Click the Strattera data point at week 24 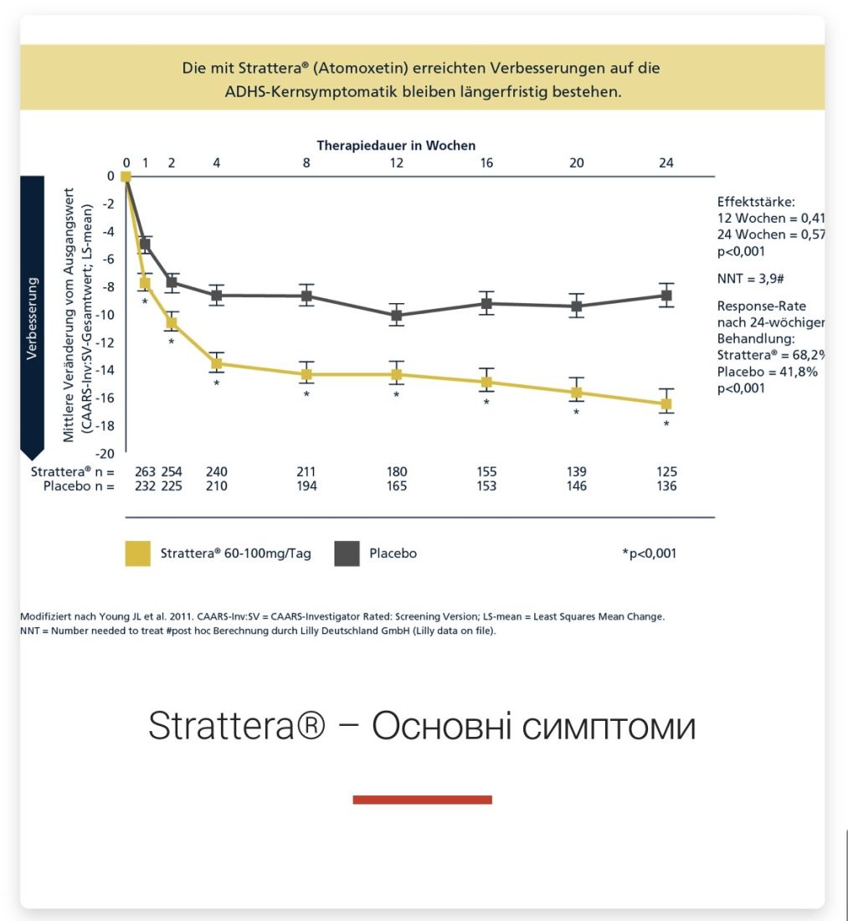666,404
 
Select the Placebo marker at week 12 396,316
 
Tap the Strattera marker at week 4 216,363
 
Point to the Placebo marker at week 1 145,244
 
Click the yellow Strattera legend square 138,553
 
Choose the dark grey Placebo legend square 347,553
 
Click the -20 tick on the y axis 106,454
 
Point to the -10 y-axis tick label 106,315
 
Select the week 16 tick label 486,162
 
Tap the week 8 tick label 306,162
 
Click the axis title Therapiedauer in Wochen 396,145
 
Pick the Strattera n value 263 146,472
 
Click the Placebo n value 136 666,486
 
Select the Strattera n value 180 396,472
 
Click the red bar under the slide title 422,800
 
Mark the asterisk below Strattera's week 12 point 396,394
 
